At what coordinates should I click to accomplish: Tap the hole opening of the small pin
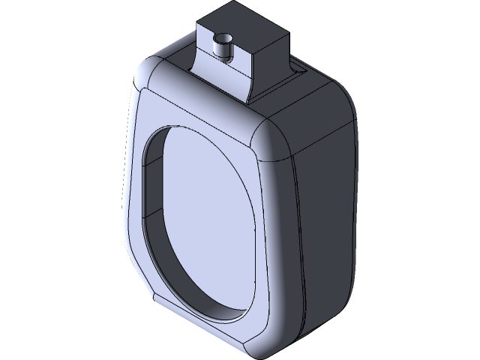click(x=222, y=37)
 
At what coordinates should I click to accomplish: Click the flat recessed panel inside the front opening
click(x=202, y=217)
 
